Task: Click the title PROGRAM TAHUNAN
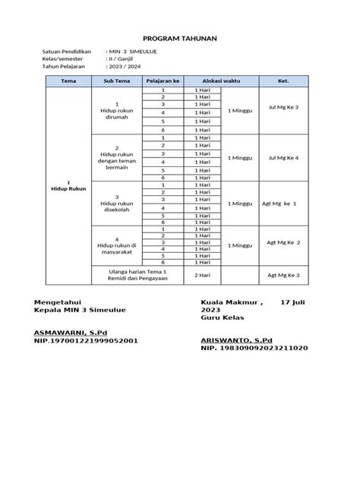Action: point(180,37)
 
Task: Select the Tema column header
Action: point(68,81)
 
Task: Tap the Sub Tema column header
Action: point(116,81)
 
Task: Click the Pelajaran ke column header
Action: point(163,81)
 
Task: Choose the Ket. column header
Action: point(283,81)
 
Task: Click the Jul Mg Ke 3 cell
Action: point(283,108)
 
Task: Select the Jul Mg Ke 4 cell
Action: point(283,157)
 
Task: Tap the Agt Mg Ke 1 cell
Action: point(283,204)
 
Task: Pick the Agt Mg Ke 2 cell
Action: point(283,243)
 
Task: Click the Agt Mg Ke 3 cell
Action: point(283,275)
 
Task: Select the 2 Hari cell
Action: point(202,275)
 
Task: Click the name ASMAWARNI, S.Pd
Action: point(65,333)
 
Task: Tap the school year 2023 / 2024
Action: point(125,66)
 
